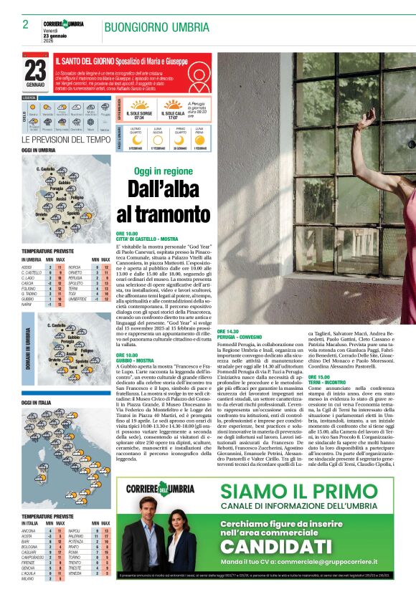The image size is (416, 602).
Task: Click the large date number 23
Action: pos(35,70)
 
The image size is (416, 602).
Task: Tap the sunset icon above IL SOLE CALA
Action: pos(172,105)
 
